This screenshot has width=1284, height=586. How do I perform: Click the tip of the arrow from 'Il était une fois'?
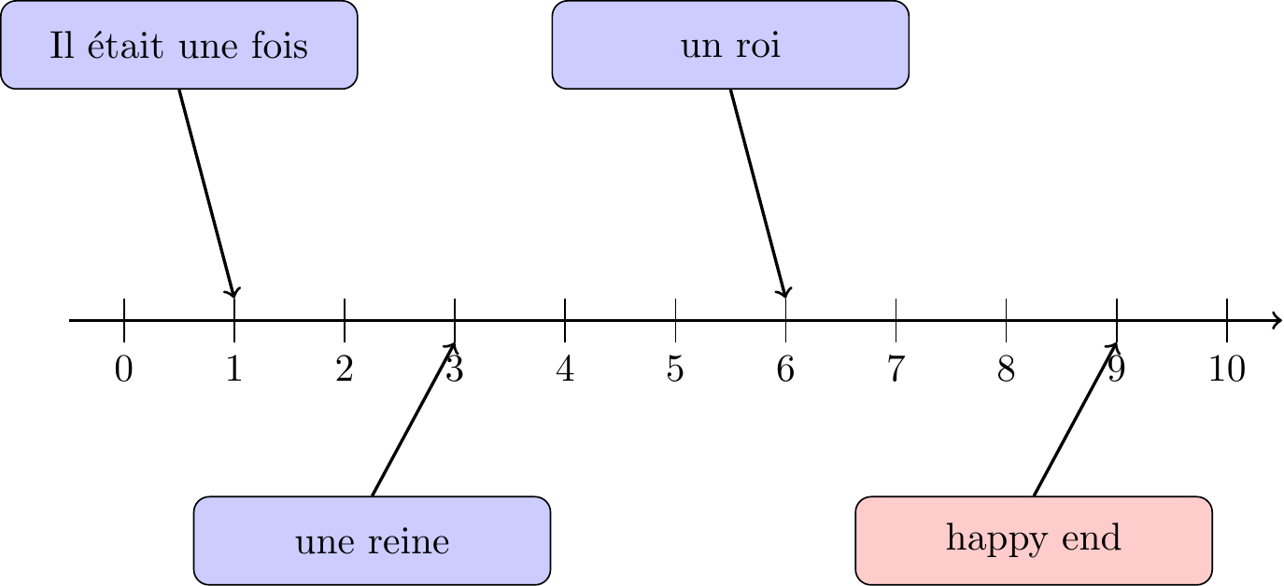(x=233, y=298)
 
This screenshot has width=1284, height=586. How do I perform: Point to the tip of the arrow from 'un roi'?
(x=785, y=298)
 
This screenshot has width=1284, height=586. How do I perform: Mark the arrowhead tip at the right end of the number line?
(x=1282, y=321)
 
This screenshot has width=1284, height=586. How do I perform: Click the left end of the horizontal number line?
(x=69, y=321)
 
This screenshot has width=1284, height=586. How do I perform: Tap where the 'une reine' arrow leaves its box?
(x=373, y=496)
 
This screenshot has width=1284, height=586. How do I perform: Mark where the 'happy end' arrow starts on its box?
(x=1034, y=496)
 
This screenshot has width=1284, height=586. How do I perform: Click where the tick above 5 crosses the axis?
(x=675, y=321)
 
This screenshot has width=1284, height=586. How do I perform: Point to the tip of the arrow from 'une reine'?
(x=455, y=343)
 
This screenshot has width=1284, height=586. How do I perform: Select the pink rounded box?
(x=1034, y=540)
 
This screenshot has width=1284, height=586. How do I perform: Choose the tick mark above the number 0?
(x=124, y=321)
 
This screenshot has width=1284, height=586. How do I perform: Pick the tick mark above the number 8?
(x=1006, y=321)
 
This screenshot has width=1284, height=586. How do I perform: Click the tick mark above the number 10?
(x=1227, y=321)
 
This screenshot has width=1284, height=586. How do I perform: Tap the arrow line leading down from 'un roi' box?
(x=757, y=193)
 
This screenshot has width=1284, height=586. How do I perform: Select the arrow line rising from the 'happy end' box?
(x=1076, y=419)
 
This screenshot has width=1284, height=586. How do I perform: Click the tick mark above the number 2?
(x=345, y=321)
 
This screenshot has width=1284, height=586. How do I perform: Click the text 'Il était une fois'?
(x=179, y=45)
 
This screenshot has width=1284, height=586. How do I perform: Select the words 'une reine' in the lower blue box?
(x=372, y=541)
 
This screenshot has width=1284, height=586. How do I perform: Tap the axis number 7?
(x=896, y=369)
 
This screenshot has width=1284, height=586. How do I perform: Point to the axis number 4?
(x=565, y=369)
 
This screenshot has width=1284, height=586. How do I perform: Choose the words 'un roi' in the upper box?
(x=731, y=45)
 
